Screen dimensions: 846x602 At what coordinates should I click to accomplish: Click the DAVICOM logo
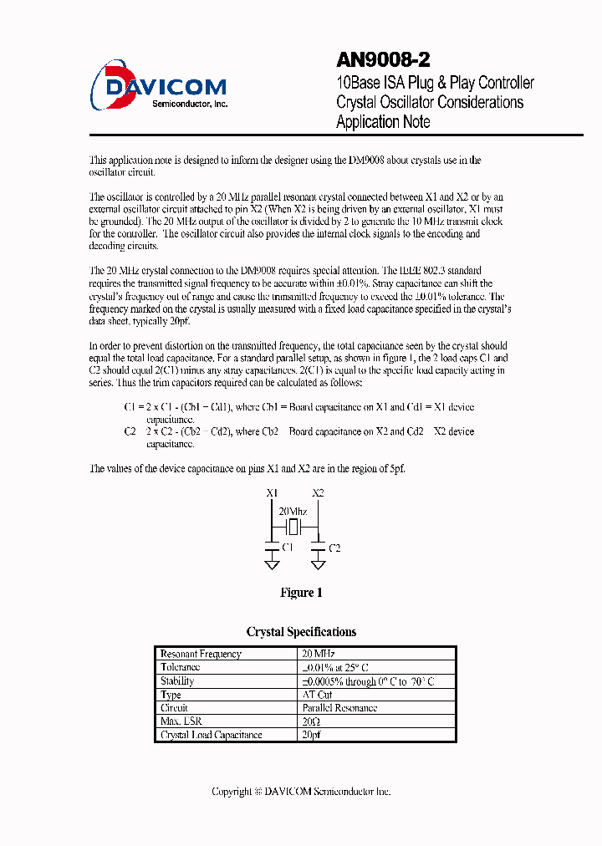[x=159, y=86]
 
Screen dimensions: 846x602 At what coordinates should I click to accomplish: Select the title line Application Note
[x=383, y=122]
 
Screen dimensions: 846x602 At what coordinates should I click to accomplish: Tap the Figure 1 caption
[x=301, y=593]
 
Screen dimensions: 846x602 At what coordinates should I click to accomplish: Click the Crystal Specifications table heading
[x=301, y=632]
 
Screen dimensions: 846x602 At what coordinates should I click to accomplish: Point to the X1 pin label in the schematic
[x=272, y=493]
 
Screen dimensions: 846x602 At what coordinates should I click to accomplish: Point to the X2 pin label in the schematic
[x=318, y=493]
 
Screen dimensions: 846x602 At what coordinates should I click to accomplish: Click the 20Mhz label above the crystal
[x=292, y=511]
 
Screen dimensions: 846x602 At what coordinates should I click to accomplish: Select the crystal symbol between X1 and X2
[x=293, y=527]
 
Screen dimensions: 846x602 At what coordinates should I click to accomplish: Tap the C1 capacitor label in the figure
[x=288, y=547]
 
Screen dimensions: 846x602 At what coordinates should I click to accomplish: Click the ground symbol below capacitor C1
[x=272, y=565]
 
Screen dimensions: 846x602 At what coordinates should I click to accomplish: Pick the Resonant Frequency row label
[x=201, y=654]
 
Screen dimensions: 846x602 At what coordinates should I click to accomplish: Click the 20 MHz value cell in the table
[x=319, y=654]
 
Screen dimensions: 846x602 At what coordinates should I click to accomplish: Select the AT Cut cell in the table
[x=317, y=695]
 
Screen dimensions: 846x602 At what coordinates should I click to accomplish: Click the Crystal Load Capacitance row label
[x=212, y=735]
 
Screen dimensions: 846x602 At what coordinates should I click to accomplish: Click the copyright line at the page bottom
[x=301, y=791]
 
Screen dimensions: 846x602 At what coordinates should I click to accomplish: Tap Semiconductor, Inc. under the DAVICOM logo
[x=190, y=104]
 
